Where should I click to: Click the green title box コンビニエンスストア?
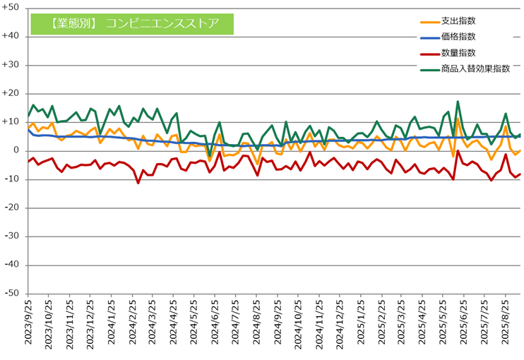[132, 23]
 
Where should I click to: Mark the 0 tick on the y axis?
[18, 150]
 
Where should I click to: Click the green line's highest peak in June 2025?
[458, 102]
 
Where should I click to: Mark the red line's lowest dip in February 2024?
[138, 183]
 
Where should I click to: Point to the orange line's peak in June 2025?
[458, 119]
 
